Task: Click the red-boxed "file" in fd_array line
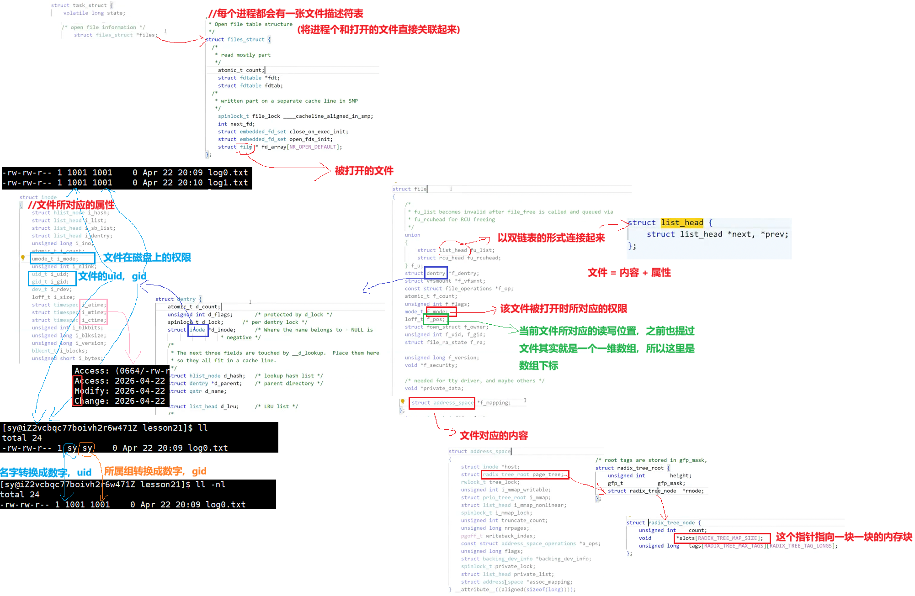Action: point(245,147)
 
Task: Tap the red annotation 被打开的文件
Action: point(364,171)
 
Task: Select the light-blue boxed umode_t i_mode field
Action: point(63,258)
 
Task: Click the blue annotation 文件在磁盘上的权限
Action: point(147,258)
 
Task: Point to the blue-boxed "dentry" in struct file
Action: point(436,273)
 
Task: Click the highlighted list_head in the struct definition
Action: point(682,223)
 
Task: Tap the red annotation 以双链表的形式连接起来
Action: point(551,238)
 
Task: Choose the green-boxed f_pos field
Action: point(436,319)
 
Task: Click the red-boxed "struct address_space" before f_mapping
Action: point(442,403)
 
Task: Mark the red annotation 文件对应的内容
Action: point(494,436)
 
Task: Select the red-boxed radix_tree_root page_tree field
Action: point(525,475)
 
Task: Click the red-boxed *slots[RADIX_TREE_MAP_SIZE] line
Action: point(722,538)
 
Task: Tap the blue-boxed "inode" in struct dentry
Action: point(198,330)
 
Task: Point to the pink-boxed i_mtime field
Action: point(93,312)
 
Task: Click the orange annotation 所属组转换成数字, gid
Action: point(155,471)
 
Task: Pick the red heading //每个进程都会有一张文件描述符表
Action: point(286,14)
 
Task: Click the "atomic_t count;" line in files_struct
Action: point(240,70)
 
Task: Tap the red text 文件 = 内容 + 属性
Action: point(629,273)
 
